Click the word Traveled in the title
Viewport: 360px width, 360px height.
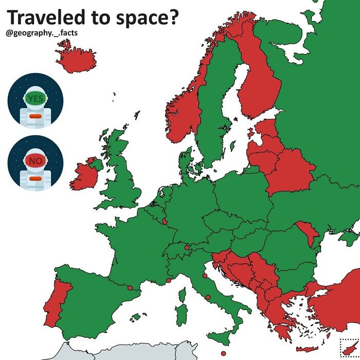(x=37, y=17)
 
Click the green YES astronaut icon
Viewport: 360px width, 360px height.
(x=35, y=101)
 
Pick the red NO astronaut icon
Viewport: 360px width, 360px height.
(x=35, y=163)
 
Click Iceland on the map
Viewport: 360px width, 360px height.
(x=76, y=57)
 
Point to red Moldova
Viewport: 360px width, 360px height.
(x=307, y=234)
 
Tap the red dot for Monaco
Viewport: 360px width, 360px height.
(x=169, y=281)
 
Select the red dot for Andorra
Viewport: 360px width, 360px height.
(x=130, y=287)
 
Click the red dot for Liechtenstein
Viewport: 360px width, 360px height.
(x=186, y=248)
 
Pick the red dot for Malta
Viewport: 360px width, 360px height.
(x=223, y=353)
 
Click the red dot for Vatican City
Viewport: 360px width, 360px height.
(x=207, y=297)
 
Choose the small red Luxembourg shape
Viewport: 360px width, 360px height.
(x=165, y=221)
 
